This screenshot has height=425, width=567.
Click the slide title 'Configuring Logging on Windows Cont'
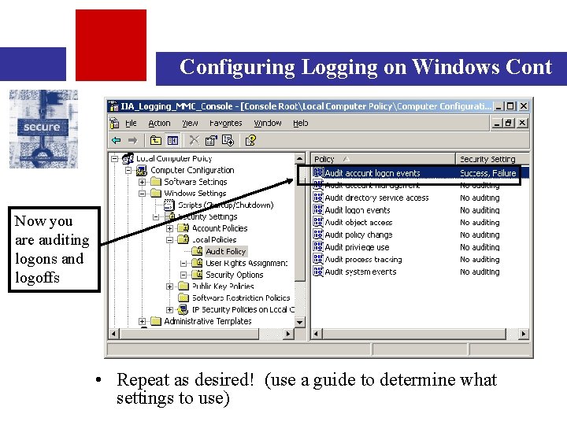pyautogui.click(x=365, y=67)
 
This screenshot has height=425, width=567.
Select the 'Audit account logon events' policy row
pyautogui.click(x=372, y=173)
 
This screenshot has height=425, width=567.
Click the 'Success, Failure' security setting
pyautogui.click(x=487, y=173)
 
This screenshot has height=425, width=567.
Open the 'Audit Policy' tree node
pyautogui.click(x=225, y=252)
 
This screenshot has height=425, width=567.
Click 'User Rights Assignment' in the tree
pyautogui.click(x=246, y=263)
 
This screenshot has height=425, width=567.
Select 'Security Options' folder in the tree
pyautogui.click(x=234, y=275)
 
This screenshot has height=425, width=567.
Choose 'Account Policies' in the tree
pyautogui.click(x=219, y=228)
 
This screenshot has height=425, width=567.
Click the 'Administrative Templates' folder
pyautogui.click(x=207, y=321)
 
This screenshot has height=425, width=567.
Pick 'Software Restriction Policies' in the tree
pyautogui.click(x=241, y=297)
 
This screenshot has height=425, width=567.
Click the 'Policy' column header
pyautogui.click(x=324, y=159)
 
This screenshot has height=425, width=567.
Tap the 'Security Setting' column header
pyautogui.click(x=487, y=159)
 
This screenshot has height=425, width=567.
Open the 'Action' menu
pyautogui.click(x=159, y=124)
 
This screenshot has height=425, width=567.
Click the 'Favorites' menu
pyautogui.click(x=225, y=124)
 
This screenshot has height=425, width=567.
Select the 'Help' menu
pyautogui.click(x=300, y=124)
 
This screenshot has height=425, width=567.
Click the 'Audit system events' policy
pyautogui.click(x=360, y=272)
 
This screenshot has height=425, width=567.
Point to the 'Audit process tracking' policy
pyautogui.click(x=363, y=259)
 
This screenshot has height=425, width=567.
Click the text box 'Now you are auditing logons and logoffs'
pyautogui.click(x=54, y=249)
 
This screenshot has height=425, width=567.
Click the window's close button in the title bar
pyautogui.click(x=524, y=105)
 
